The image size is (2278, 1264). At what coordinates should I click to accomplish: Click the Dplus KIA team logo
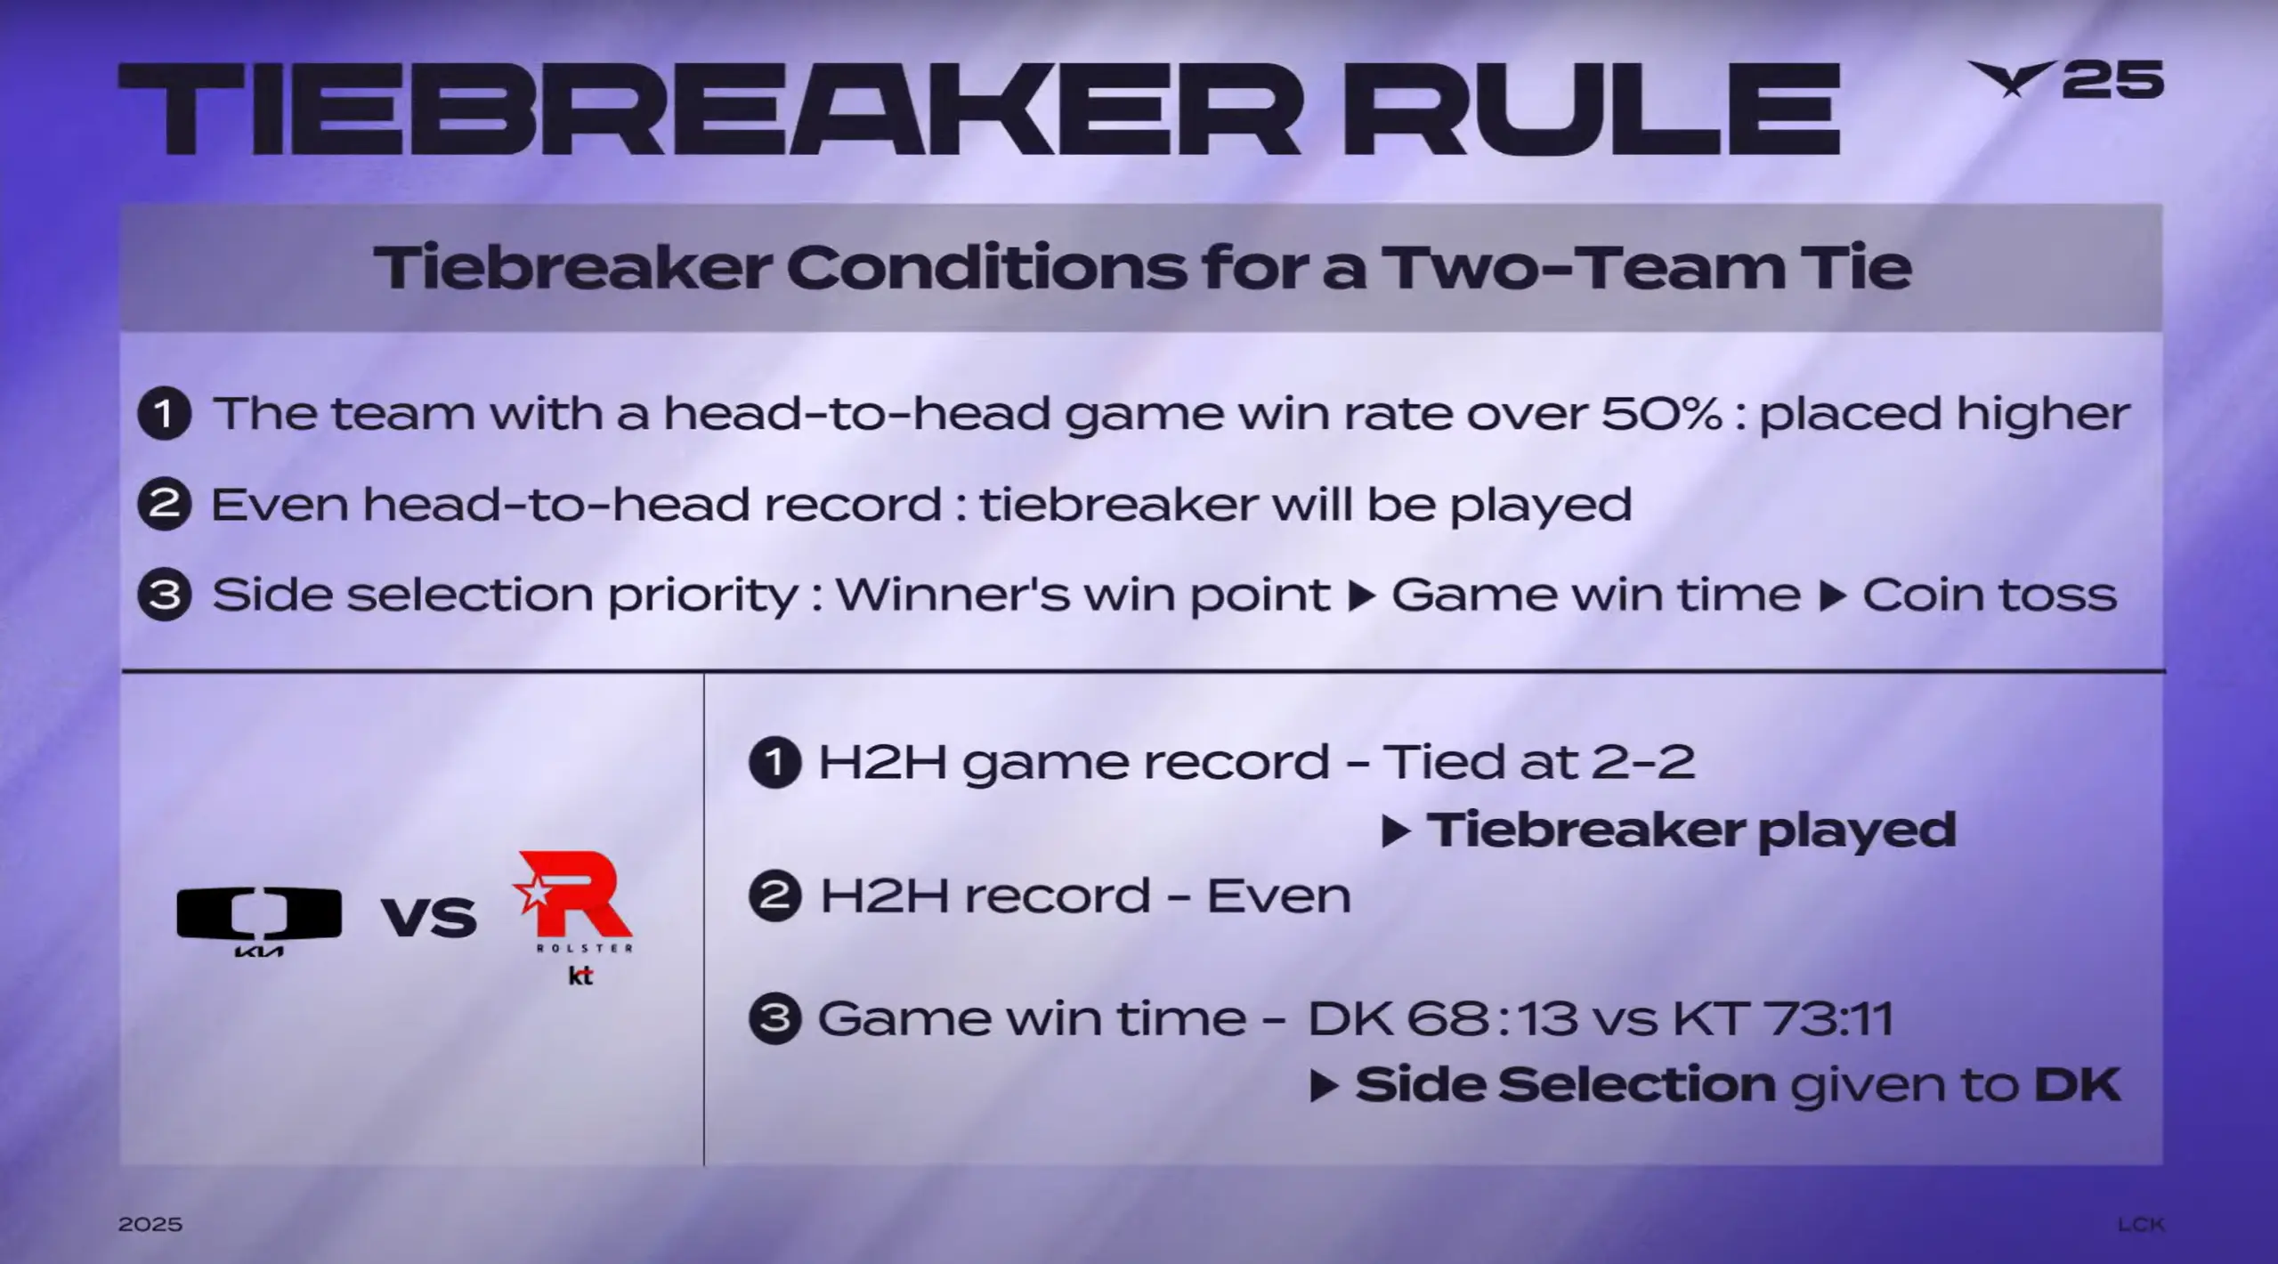259,921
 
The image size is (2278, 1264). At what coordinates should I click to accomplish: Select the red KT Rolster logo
574,918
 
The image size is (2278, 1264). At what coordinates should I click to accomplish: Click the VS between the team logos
429,917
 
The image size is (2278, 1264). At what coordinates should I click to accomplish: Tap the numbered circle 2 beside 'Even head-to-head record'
165,504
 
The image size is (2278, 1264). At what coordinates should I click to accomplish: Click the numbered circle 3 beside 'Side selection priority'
165,594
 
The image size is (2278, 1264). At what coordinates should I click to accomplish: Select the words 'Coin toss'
1989,594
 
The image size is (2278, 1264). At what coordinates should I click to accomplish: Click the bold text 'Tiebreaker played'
1691,830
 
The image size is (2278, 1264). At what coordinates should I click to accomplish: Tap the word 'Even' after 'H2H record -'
1278,895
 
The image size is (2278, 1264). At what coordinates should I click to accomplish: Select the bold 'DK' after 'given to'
2078,1084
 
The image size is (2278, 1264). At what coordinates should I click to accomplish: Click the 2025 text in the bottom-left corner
150,1224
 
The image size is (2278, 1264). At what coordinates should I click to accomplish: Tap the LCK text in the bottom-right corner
2140,1225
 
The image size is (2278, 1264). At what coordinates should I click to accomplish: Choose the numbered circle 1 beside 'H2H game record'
775,762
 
